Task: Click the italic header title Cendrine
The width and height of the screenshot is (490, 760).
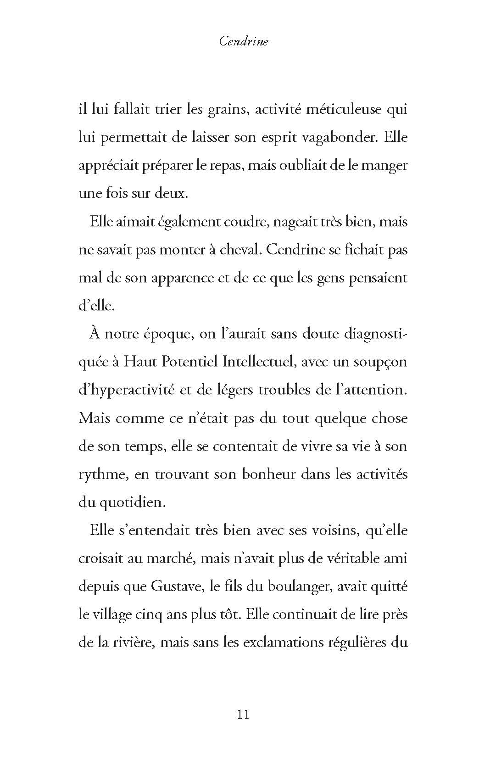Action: click(244, 41)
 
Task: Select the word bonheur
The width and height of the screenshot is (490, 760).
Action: click(268, 474)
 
